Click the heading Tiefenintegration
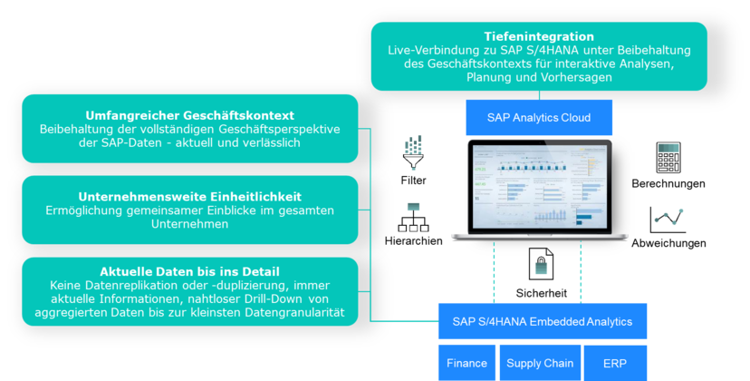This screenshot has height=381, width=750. pos(539,36)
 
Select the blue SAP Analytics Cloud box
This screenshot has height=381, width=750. pos(539,117)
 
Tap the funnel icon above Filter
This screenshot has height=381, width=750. pos(413,152)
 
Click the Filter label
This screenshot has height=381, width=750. pos(413,181)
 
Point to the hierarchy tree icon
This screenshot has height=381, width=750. pos(413,218)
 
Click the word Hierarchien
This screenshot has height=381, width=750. pos(413,241)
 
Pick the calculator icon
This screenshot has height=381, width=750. pos(668,157)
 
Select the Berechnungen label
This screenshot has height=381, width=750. pos(668,183)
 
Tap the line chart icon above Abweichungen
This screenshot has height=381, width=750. pos(668,220)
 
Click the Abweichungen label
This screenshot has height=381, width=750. pos(668,243)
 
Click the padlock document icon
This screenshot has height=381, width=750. pos(541,264)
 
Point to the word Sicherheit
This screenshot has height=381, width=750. pos(542,293)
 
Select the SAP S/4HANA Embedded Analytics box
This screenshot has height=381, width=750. pos(543,321)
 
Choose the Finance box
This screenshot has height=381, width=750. pos(466,363)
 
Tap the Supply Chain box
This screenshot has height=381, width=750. pos(540,363)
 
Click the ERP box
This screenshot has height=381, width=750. pos(615,363)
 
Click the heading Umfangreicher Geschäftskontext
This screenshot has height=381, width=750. pos(190,115)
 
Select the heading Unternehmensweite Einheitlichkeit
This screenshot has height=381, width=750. pos(190,197)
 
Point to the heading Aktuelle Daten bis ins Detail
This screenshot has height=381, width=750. pos(190,272)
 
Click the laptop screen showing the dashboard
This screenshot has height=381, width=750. pos(540,187)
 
